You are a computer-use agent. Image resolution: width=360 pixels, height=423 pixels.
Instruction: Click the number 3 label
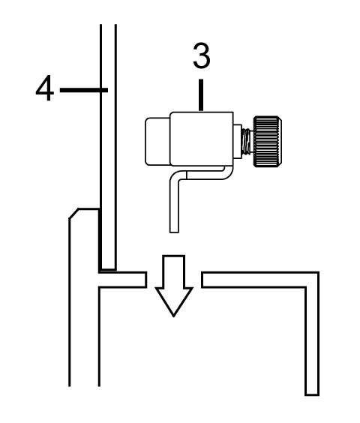[x=202, y=55]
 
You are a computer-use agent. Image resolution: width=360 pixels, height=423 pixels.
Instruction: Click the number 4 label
[x=45, y=88]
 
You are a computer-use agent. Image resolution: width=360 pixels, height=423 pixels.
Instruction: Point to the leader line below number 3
[x=201, y=95]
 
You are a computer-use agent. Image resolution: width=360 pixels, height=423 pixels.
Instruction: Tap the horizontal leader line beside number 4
[x=84, y=90]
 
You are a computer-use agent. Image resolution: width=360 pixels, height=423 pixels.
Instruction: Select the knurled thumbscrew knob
[x=268, y=141]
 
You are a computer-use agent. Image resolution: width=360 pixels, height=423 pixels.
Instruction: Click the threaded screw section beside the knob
[x=247, y=142]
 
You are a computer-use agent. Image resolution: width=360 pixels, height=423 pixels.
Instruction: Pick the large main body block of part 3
[x=202, y=139]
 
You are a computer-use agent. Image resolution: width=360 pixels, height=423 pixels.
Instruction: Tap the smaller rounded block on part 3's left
[x=157, y=141]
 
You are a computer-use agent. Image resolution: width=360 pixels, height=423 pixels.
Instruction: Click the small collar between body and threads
[x=238, y=141]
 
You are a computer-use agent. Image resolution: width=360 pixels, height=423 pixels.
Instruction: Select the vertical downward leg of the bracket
[x=174, y=205]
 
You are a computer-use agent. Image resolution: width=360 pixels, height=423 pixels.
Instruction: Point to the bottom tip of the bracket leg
[x=174, y=232]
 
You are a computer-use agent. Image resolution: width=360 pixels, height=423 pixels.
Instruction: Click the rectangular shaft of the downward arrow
[x=174, y=271]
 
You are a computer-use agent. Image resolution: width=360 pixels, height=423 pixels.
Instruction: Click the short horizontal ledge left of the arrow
[x=123, y=280]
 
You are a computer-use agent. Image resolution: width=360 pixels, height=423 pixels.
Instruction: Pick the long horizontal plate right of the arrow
[x=253, y=280]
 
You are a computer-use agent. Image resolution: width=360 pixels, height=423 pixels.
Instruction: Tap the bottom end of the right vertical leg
[x=312, y=395]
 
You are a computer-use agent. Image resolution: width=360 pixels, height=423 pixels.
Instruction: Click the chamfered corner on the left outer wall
[x=73, y=213]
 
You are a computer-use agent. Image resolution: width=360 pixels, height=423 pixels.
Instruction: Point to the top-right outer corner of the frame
[x=319, y=272]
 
